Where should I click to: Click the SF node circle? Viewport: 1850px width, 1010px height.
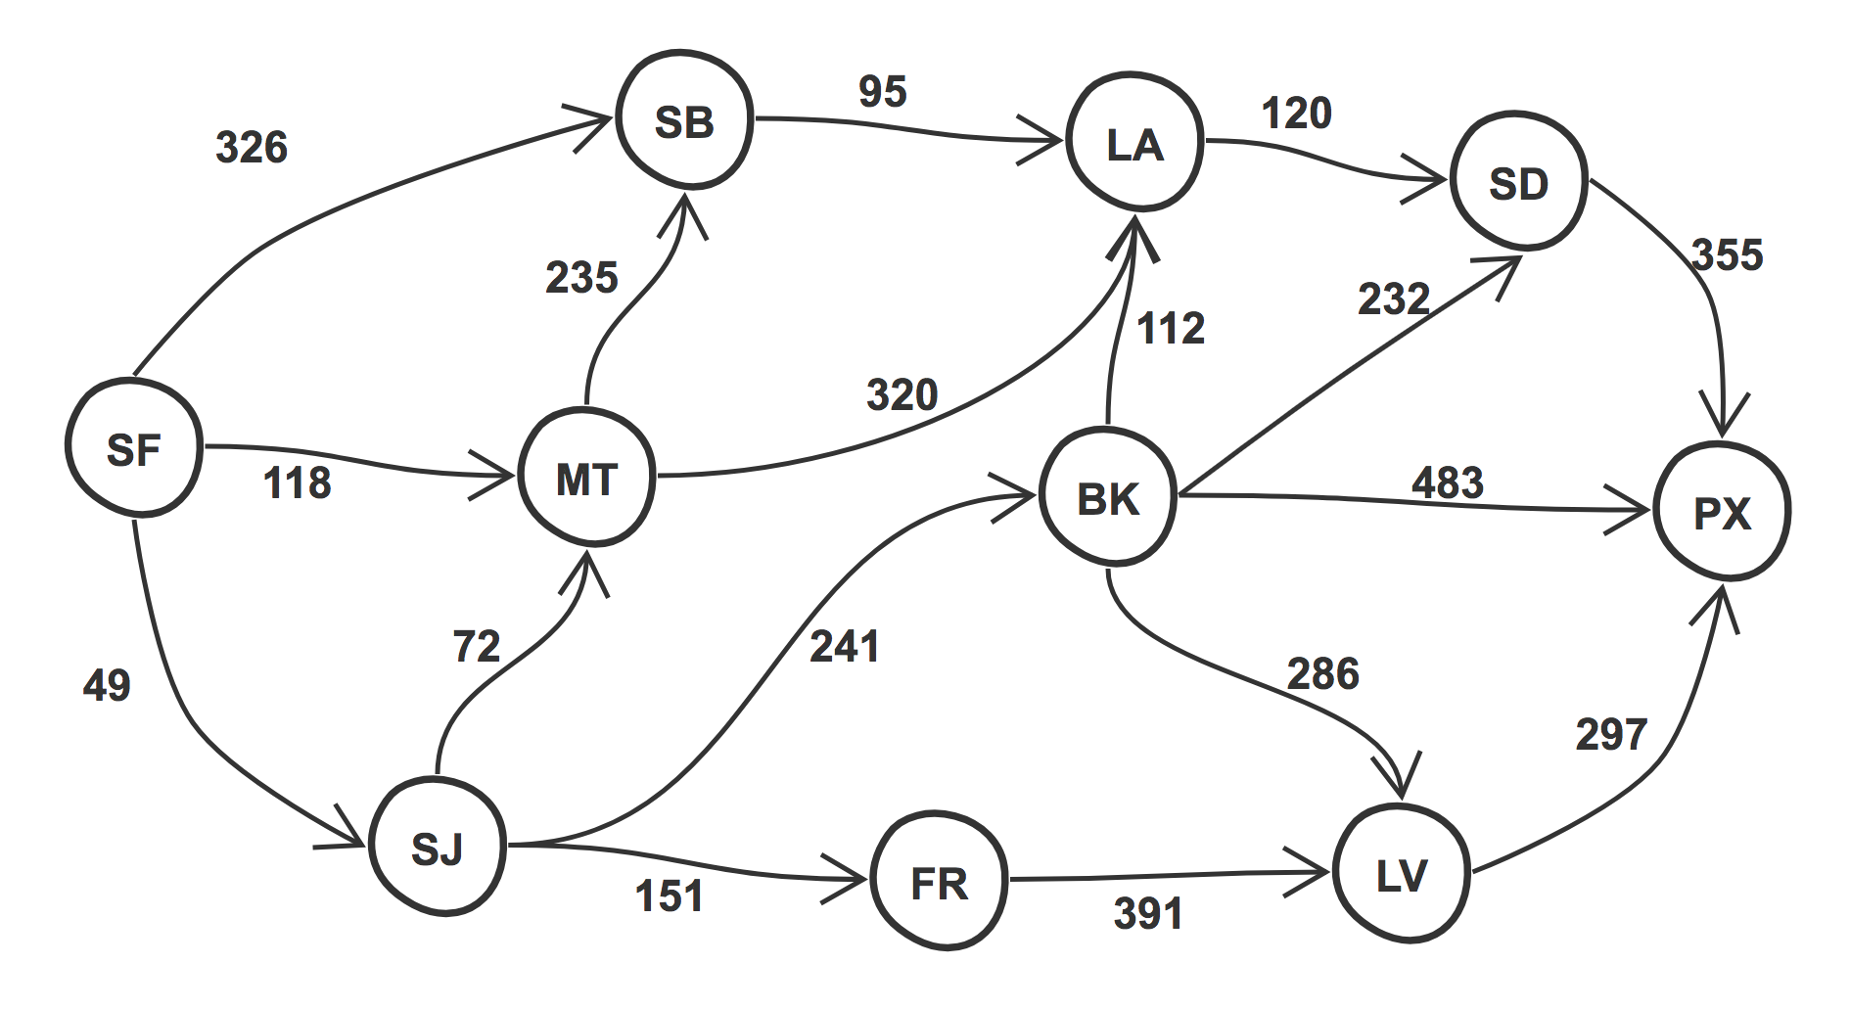[x=134, y=447]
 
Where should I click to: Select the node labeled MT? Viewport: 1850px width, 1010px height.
[x=587, y=477]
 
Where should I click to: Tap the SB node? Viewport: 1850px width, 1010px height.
[x=684, y=119]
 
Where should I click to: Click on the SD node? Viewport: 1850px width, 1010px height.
[x=1519, y=181]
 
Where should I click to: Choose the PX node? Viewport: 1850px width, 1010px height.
[x=1723, y=511]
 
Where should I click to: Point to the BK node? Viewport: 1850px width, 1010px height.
[x=1108, y=496]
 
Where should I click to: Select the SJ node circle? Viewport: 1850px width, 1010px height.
[x=438, y=847]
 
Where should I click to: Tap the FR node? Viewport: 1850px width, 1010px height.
[x=940, y=881]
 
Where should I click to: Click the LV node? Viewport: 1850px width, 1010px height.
[x=1402, y=873]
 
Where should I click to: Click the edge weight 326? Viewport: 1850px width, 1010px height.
[x=252, y=148]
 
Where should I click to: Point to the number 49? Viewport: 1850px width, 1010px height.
[x=107, y=685]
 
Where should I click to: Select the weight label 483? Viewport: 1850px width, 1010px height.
[x=1448, y=482]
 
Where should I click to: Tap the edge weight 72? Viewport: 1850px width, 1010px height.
[x=477, y=647]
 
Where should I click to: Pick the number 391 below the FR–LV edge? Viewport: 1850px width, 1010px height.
[x=1148, y=914]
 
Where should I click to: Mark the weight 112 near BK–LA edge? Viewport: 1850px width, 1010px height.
[x=1171, y=329]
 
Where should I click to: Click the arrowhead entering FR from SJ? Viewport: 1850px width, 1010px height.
[x=849, y=879]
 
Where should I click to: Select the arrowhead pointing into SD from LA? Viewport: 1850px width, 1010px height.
[x=1428, y=179]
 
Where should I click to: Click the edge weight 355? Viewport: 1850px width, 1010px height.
[x=1728, y=255]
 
